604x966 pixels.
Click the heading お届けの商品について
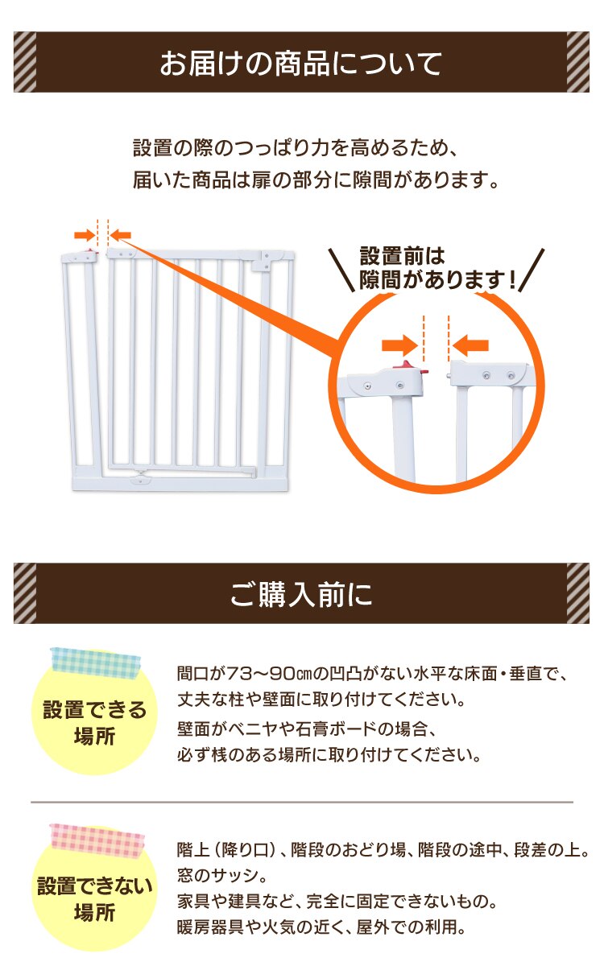pos(301,62)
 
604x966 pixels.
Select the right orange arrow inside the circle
pos(471,345)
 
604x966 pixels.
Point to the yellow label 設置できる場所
pos(94,723)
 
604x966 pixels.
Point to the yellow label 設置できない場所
pos(94,900)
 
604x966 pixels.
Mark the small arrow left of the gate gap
pos(83,234)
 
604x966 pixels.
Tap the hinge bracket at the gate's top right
pos(263,259)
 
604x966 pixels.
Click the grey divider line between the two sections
pos(301,802)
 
